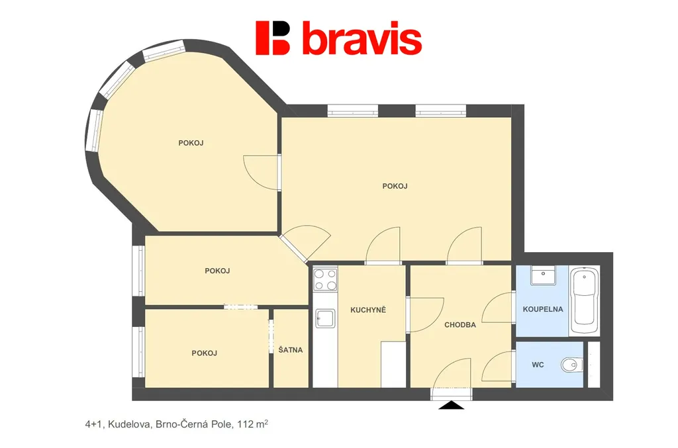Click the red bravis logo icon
tap(272, 38)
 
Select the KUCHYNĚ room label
tap(368, 310)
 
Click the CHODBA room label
tap(460, 325)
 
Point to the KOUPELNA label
tap(543, 309)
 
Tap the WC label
tap(538, 365)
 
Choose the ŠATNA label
tap(290, 350)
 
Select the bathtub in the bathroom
tap(584, 300)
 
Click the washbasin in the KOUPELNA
tap(543, 276)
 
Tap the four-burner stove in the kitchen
tap(325, 279)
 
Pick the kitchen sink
tap(325, 318)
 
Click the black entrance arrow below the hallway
tap(451, 405)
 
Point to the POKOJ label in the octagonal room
tap(191, 143)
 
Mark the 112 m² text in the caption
tap(252, 424)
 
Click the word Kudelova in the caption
tap(129, 424)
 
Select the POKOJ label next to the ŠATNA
tap(204, 353)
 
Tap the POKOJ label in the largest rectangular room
tap(395, 186)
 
